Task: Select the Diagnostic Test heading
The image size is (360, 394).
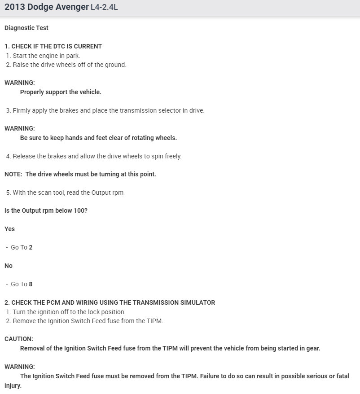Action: pos(26,28)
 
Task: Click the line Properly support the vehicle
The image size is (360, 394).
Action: pos(61,92)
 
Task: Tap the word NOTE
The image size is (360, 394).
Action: pos(13,174)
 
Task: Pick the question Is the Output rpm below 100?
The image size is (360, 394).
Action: pos(46,210)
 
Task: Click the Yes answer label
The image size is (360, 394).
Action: pos(9,229)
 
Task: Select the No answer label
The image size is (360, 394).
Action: pos(9,266)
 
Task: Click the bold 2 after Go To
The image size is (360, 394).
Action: pos(31,247)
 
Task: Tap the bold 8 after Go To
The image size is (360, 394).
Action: pos(31,284)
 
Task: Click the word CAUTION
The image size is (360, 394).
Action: pos(18,339)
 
